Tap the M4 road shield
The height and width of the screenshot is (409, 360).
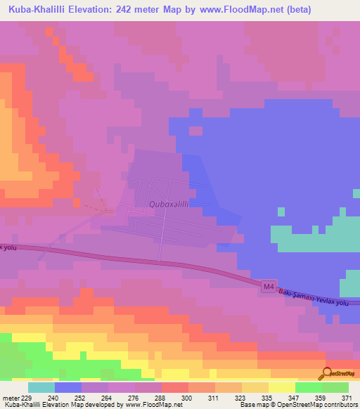pos(267,286)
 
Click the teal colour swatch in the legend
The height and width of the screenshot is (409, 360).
pos(41,387)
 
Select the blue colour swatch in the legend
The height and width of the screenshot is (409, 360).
pos(67,387)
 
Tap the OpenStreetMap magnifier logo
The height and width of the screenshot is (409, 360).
pos(327,375)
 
